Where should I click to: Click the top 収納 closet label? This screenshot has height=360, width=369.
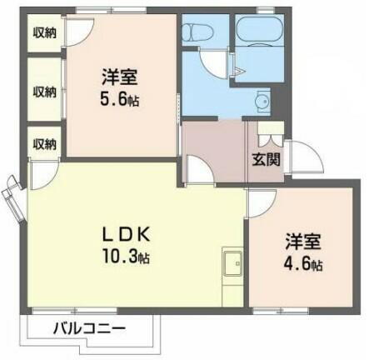tap(45, 35)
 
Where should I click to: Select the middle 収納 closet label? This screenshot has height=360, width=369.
tap(45, 91)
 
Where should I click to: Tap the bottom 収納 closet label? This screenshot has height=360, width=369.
tap(45, 143)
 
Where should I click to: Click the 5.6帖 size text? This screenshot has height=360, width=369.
tap(119, 97)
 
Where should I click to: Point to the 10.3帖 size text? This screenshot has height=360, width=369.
tap(127, 255)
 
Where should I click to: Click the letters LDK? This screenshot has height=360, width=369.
tap(126, 232)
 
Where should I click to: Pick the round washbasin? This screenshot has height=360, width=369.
tap(260, 103)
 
